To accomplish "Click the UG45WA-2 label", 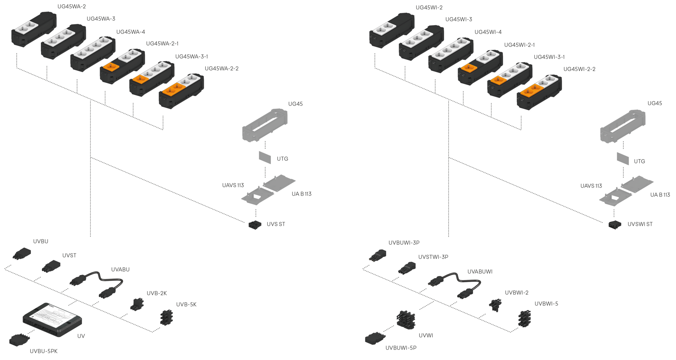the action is (x=72, y=7).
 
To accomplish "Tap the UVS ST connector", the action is (x=255, y=225).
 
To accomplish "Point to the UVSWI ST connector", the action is (x=615, y=224).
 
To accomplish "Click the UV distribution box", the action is (x=52, y=320).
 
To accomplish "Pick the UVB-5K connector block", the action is (x=166, y=318).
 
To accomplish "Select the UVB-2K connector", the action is (x=137, y=304).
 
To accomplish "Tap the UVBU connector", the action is (x=22, y=254).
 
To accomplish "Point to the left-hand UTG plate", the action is (x=265, y=157).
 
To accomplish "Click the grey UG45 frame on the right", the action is (x=623, y=126).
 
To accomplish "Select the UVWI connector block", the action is (x=406, y=320).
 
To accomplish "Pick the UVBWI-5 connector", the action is (x=525, y=319).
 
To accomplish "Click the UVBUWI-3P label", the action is (x=404, y=243).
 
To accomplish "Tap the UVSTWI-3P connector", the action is (x=407, y=268).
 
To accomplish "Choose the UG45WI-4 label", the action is (x=488, y=32).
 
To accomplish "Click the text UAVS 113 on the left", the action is (x=233, y=185).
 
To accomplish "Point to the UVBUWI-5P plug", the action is (x=375, y=339).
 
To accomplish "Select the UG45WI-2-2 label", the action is (x=579, y=69).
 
